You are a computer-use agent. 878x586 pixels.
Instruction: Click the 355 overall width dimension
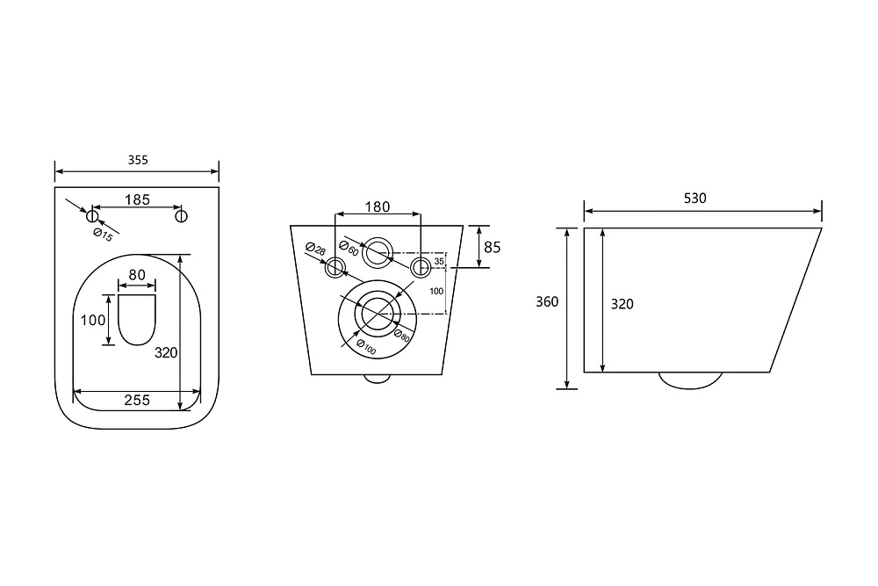138,160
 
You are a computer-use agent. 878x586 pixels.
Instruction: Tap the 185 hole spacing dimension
137,199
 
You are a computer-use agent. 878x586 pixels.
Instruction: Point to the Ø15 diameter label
104,235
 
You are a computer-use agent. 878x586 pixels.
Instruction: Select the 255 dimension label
137,400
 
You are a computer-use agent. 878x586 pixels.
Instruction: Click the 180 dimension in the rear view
378,206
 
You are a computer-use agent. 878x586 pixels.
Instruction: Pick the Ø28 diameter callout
316,249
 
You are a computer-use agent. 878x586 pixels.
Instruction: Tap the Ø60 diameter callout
349,247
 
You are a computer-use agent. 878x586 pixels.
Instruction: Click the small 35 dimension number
439,261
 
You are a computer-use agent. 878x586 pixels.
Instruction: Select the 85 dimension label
493,247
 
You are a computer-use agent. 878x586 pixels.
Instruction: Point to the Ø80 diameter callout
401,336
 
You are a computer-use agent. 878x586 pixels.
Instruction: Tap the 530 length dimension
694,198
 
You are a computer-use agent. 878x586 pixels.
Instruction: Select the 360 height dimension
547,301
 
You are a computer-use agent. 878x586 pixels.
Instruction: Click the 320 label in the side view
623,304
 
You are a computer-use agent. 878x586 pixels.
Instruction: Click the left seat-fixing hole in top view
92,216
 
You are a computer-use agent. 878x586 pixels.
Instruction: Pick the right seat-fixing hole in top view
181,216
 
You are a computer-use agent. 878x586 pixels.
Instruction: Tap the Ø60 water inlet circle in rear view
378,253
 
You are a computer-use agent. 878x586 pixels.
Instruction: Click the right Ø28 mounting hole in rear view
421,267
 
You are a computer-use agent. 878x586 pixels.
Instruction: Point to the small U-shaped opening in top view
137,320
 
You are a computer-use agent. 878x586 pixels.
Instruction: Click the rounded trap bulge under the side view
690,380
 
